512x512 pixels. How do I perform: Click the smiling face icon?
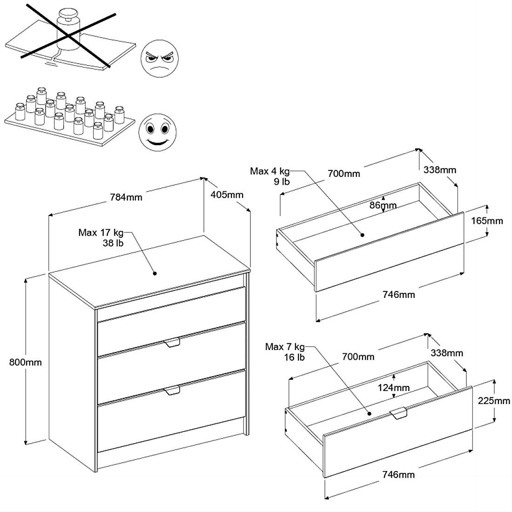[x=157, y=129]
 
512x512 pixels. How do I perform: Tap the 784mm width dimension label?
[x=126, y=197]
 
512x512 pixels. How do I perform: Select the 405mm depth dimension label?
[x=227, y=195]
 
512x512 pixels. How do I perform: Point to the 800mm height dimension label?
[x=25, y=362]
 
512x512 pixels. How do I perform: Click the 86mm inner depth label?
[x=383, y=205]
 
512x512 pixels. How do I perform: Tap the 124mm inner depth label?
[x=394, y=387]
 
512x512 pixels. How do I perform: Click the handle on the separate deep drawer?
[x=398, y=412]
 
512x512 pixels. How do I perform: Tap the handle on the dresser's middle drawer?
[x=172, y=343]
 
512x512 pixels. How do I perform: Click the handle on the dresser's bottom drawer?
[x=172, y=390]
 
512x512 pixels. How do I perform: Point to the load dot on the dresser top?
[x=155, y=274]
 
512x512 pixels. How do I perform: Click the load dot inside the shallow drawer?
[x=362, y=236]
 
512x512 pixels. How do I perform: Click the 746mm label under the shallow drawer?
[x=398, y=295]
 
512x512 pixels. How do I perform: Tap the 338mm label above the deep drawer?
[x=447, y=353]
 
